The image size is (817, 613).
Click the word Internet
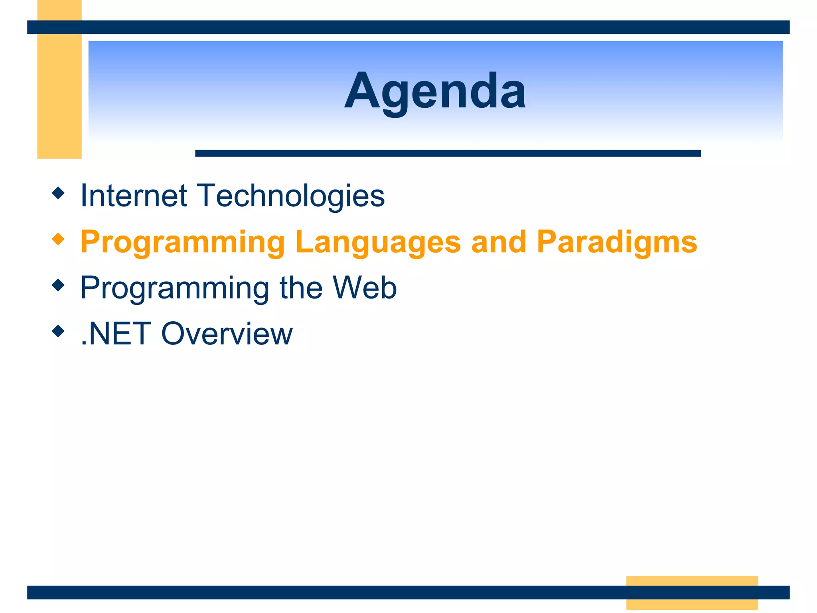[134, 196]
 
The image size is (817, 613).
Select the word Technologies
[292, 196]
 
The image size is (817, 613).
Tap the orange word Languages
[378, 242]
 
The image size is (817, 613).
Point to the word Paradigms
[617, 242]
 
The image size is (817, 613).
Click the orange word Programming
[182, 242]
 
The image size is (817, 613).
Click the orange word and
[498, 242]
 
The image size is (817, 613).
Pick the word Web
[365, 288]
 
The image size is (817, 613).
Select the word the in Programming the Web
[301, 288]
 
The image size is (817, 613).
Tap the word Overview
[227, 334]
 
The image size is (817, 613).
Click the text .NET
[116, 334]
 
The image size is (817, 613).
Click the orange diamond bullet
[58, 239]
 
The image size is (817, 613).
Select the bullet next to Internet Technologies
[58, 193]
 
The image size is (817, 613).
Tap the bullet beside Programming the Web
[58, 285]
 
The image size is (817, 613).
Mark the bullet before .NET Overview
[58, 331]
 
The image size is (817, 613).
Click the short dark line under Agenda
[448, 153]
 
